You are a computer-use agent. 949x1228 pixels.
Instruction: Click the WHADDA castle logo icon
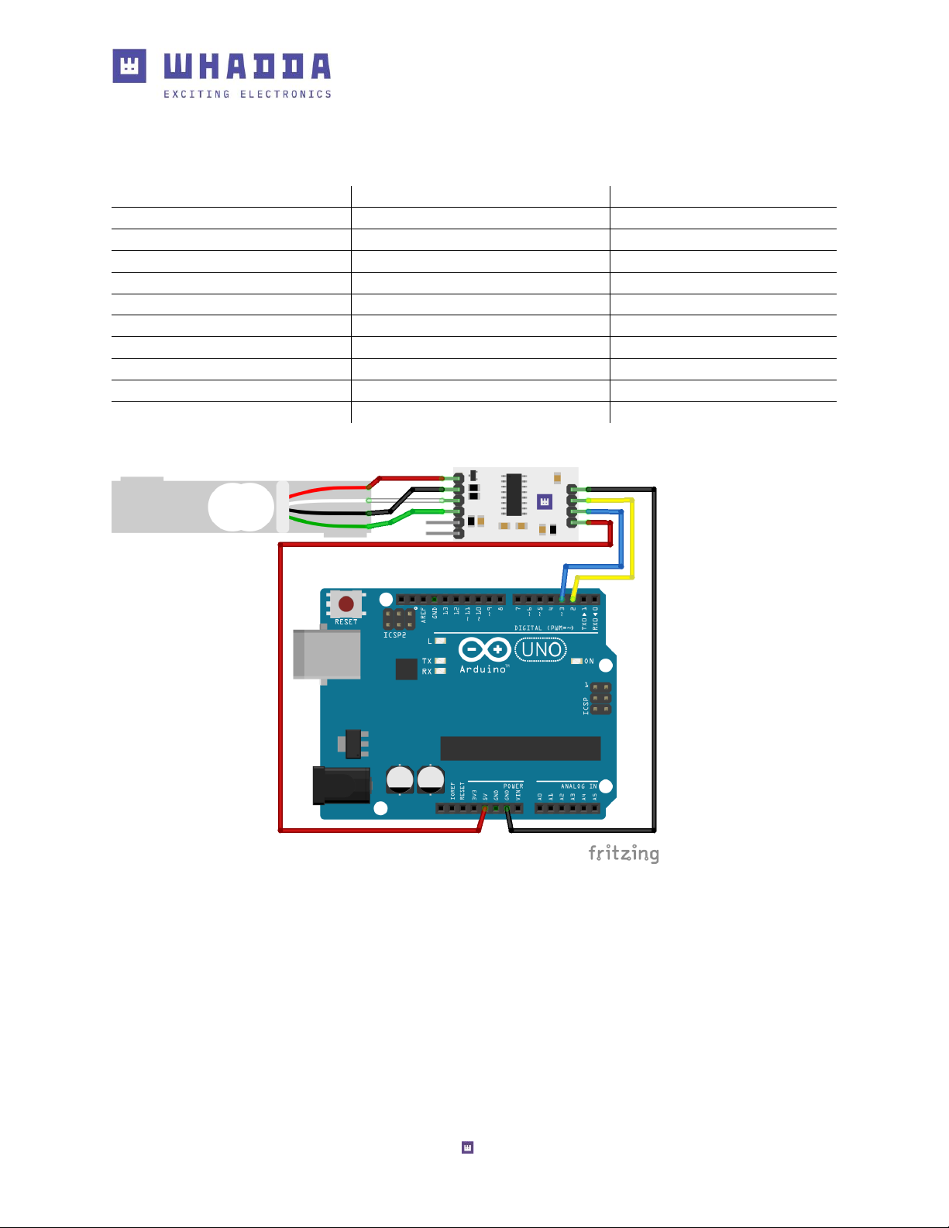point(129,66)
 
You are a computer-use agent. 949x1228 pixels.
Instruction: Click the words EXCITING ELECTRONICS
point(247,95)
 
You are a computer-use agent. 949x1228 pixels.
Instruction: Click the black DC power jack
point(340,786)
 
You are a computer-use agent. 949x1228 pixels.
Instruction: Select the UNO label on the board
point(541,649)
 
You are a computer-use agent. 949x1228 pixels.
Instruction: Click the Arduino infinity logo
point(484,649)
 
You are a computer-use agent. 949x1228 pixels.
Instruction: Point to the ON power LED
point(576,661)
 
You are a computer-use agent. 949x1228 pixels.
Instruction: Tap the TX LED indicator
point(440,661)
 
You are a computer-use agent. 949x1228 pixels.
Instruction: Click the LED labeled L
point(440,641)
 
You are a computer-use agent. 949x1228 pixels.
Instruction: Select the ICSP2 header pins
point(399,618)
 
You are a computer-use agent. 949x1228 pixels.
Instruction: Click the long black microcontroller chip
point(520,748)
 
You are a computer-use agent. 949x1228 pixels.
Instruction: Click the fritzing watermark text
point(624,853)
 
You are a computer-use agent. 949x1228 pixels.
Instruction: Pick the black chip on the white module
point(513,495)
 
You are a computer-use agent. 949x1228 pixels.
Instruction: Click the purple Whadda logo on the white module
point(545,502)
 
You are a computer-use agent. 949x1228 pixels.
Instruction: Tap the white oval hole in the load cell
point(241,507)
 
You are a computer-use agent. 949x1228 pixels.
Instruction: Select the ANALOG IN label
point(579,786)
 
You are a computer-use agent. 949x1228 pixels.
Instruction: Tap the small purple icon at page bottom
point(467,1147)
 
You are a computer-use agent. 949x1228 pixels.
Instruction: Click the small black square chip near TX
point(406,669)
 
